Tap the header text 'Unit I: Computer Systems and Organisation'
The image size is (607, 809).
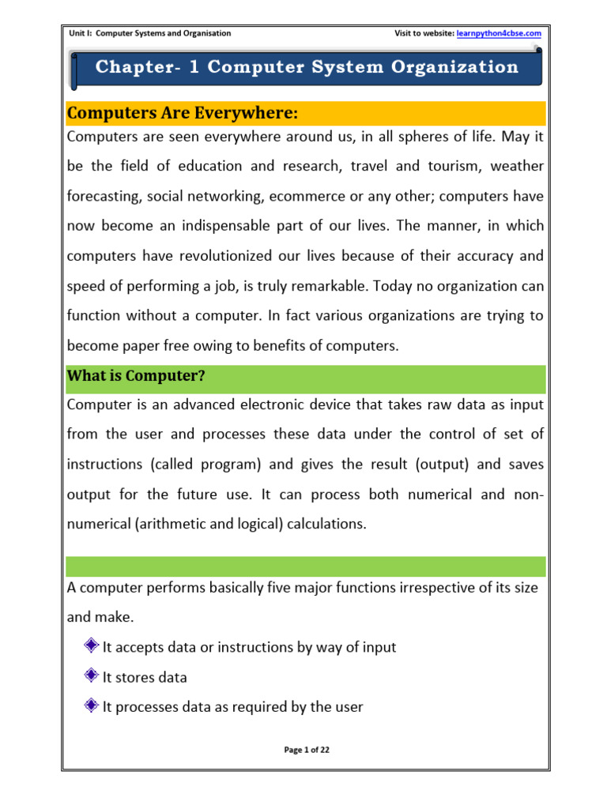click(150, 33)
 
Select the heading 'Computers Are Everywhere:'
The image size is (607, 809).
click(183, 114)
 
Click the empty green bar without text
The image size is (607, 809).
click(306, 566)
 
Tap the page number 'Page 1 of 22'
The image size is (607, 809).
click(306, 751)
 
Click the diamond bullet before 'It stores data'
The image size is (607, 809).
click(91, 676)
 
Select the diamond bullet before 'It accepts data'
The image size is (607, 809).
click(91, 646)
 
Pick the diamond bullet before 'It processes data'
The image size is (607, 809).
click(91, 706)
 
